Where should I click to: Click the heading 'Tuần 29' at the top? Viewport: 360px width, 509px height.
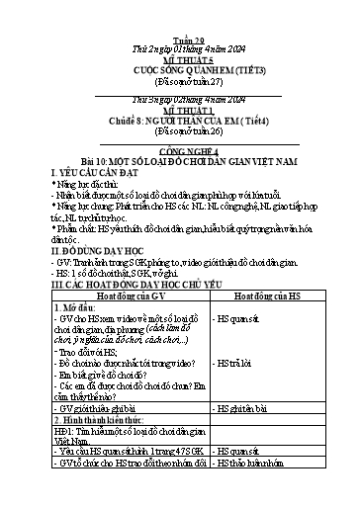179,12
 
